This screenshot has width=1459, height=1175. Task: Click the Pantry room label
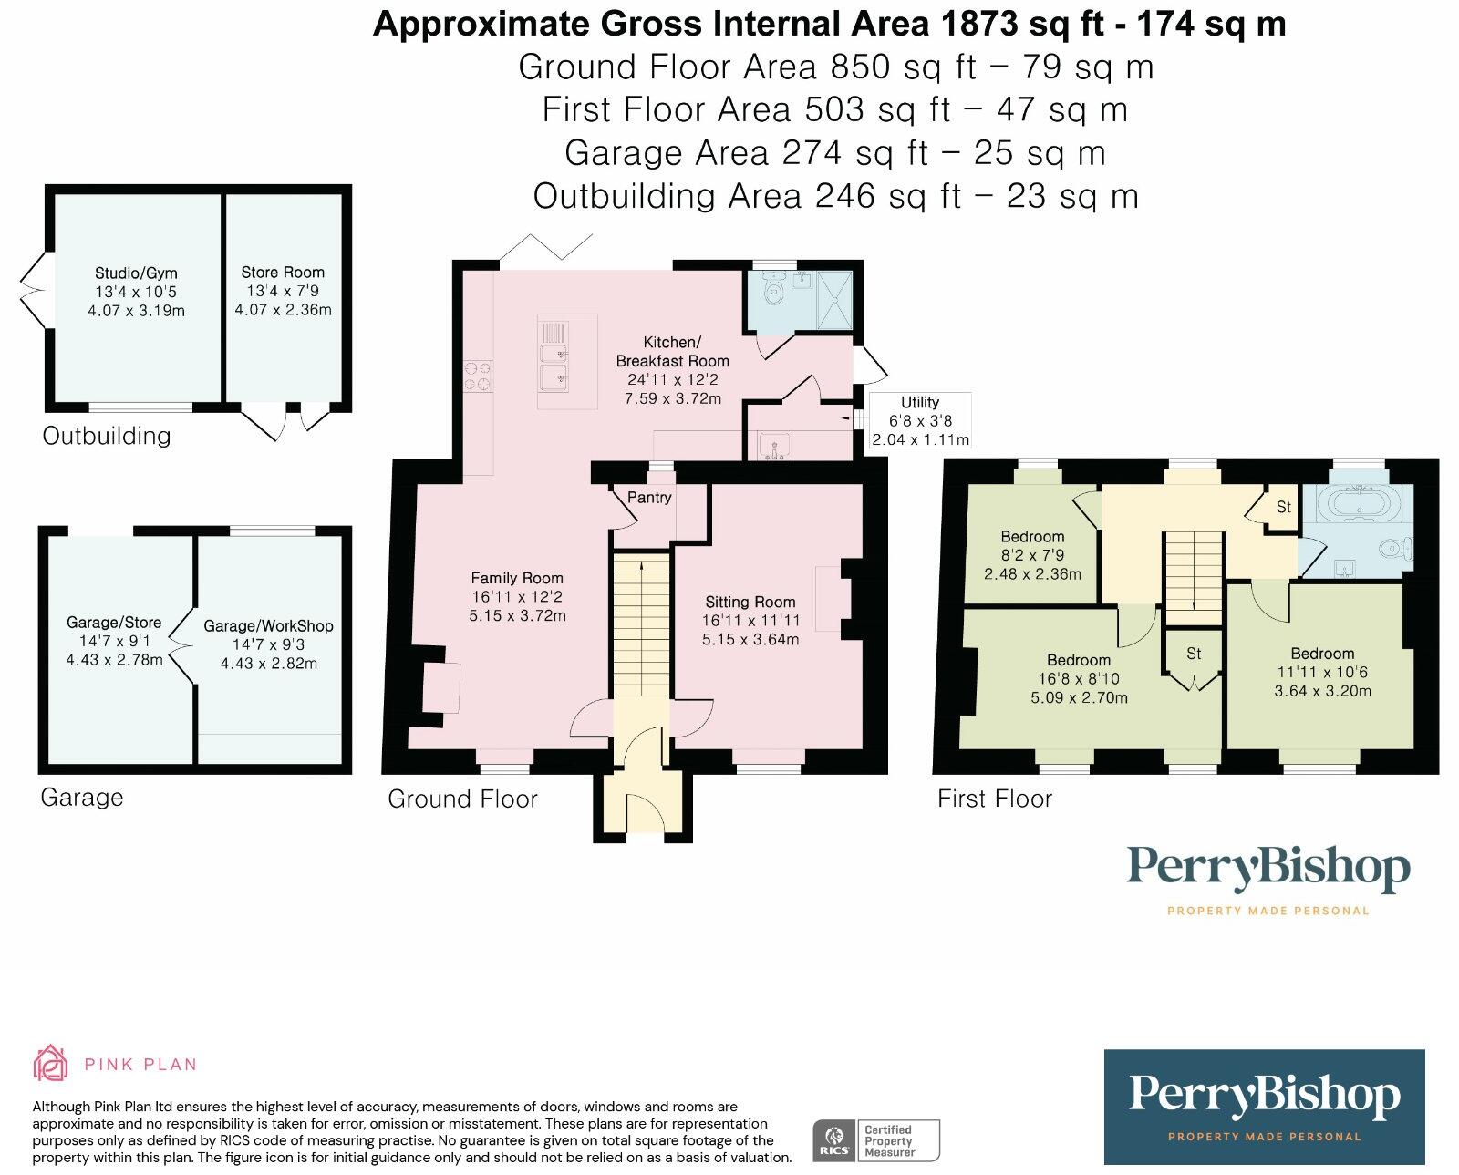pyautogui.click(x=649, y=498)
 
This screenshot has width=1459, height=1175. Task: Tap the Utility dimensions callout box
pyautogui.click(x=920, y=420)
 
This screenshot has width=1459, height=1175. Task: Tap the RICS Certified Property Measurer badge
pyautogui.click(x=875, y=1139)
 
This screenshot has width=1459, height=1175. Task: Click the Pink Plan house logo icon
pyautogui.click(x=50, y=1063)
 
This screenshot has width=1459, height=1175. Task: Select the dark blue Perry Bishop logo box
pyautogui.click(x=1264, y=1107)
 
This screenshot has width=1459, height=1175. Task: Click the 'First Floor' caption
pyautogui.click(x=995, y=799)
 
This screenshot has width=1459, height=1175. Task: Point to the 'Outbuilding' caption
pyautogui.click(x=107, y=436)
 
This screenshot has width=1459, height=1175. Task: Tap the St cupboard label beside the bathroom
pyautogui.click(x=1283, y=507)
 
